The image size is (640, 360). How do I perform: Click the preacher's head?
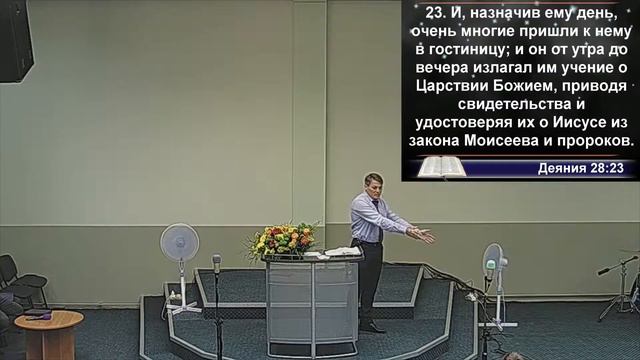tap(374, 184)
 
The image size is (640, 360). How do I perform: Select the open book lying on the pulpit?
tap(341, 252)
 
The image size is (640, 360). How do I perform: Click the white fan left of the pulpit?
tap(180, 244)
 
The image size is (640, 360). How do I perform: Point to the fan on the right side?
tap(493, 262)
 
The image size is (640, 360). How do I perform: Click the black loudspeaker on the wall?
tap(16, 40)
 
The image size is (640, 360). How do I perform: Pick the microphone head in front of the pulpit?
tap(216, 262)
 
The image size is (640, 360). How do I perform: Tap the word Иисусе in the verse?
tap(576, 122)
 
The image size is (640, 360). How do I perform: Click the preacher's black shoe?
tap(373, 326)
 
